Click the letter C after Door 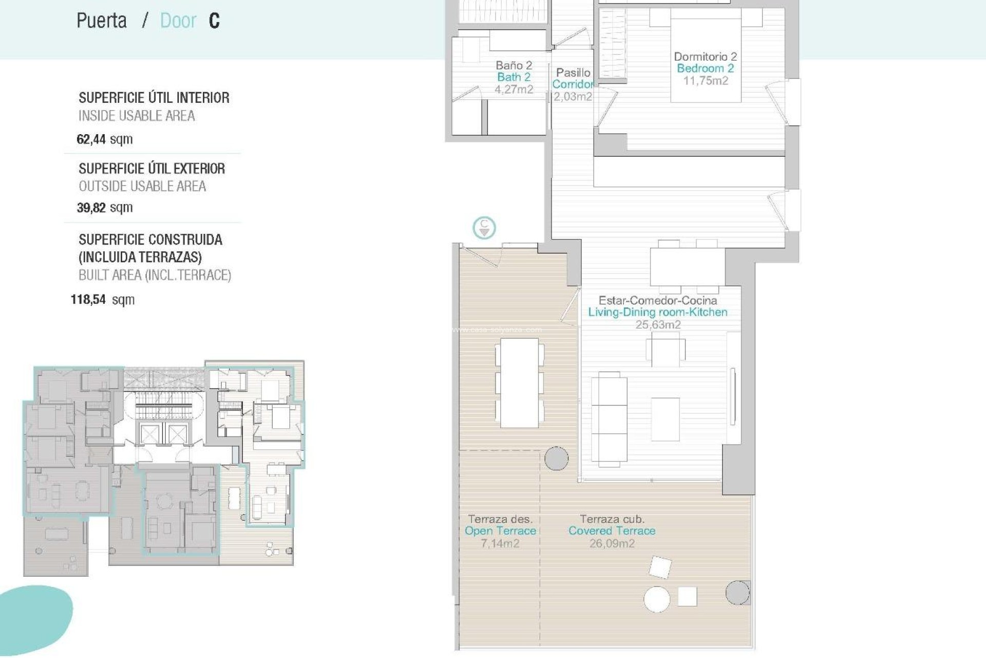tap(214, 21)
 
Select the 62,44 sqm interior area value tap(104, 139)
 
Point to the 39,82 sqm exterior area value tap(104, 208)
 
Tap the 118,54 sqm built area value tap(102, 300)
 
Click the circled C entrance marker tap(484, 227)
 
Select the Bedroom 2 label tap(705, 68)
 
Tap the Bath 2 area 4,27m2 tap(513, 89)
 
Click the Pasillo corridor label tap(573, 73)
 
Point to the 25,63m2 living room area tap(657, 325)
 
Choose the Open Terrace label tap(500, 531)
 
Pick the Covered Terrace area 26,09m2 tap(611, 544)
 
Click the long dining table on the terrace tap(519, 383)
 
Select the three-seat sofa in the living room tap(609, 419)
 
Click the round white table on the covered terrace tap(656, 599)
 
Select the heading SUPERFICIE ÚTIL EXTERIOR tap(151, 169)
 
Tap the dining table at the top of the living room tap(687, 266)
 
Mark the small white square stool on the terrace tap(687, 596)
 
